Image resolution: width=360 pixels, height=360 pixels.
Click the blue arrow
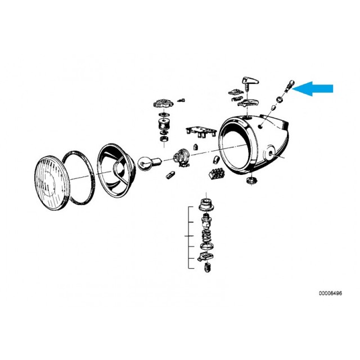(313, 89)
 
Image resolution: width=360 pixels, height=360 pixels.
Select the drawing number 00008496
(330, 293)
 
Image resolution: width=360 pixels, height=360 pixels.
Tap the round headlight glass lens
(52, 183)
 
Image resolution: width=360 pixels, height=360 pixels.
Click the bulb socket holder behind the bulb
(182, 157)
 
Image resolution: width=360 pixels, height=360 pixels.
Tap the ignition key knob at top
(249, 83)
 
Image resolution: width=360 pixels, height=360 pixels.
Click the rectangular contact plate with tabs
(201, 131)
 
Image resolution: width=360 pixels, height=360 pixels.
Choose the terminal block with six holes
(217, 173)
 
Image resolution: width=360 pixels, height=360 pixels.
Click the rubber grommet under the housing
(252, 180)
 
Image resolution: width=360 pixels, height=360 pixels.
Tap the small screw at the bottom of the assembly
(208, 268)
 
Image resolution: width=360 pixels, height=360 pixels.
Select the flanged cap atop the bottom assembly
(206, 204)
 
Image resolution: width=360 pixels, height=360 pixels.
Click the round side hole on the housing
(260, 126)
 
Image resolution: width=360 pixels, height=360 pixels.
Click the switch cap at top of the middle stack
(163, 103)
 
